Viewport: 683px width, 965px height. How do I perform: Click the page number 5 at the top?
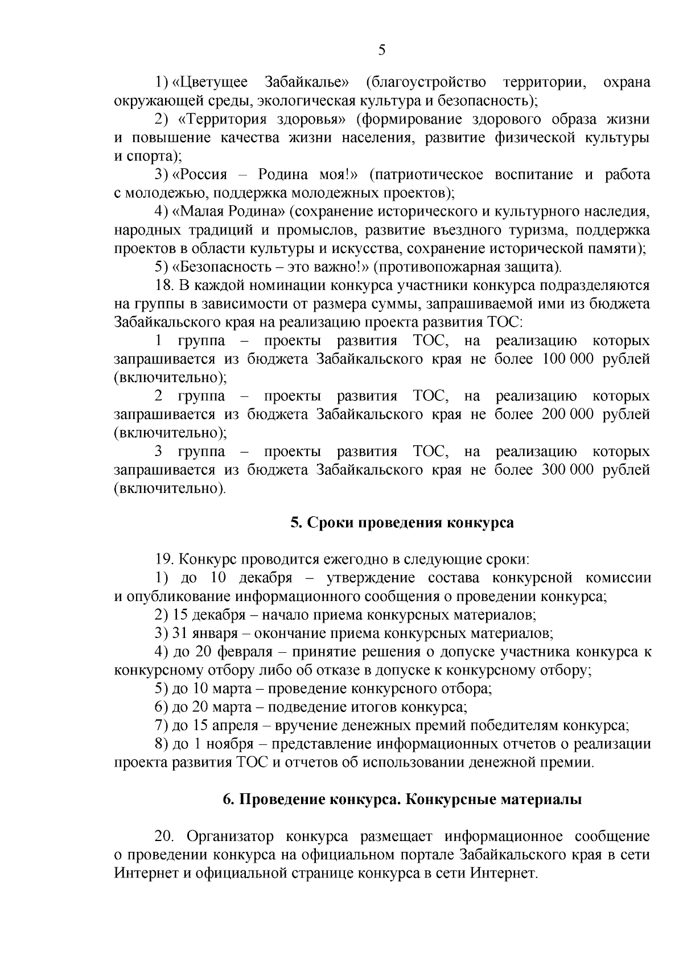382,50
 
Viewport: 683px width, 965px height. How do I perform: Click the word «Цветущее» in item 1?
211,82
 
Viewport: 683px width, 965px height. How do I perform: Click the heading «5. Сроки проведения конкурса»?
402,523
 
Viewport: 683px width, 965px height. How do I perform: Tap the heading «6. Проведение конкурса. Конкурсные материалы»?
402,800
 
